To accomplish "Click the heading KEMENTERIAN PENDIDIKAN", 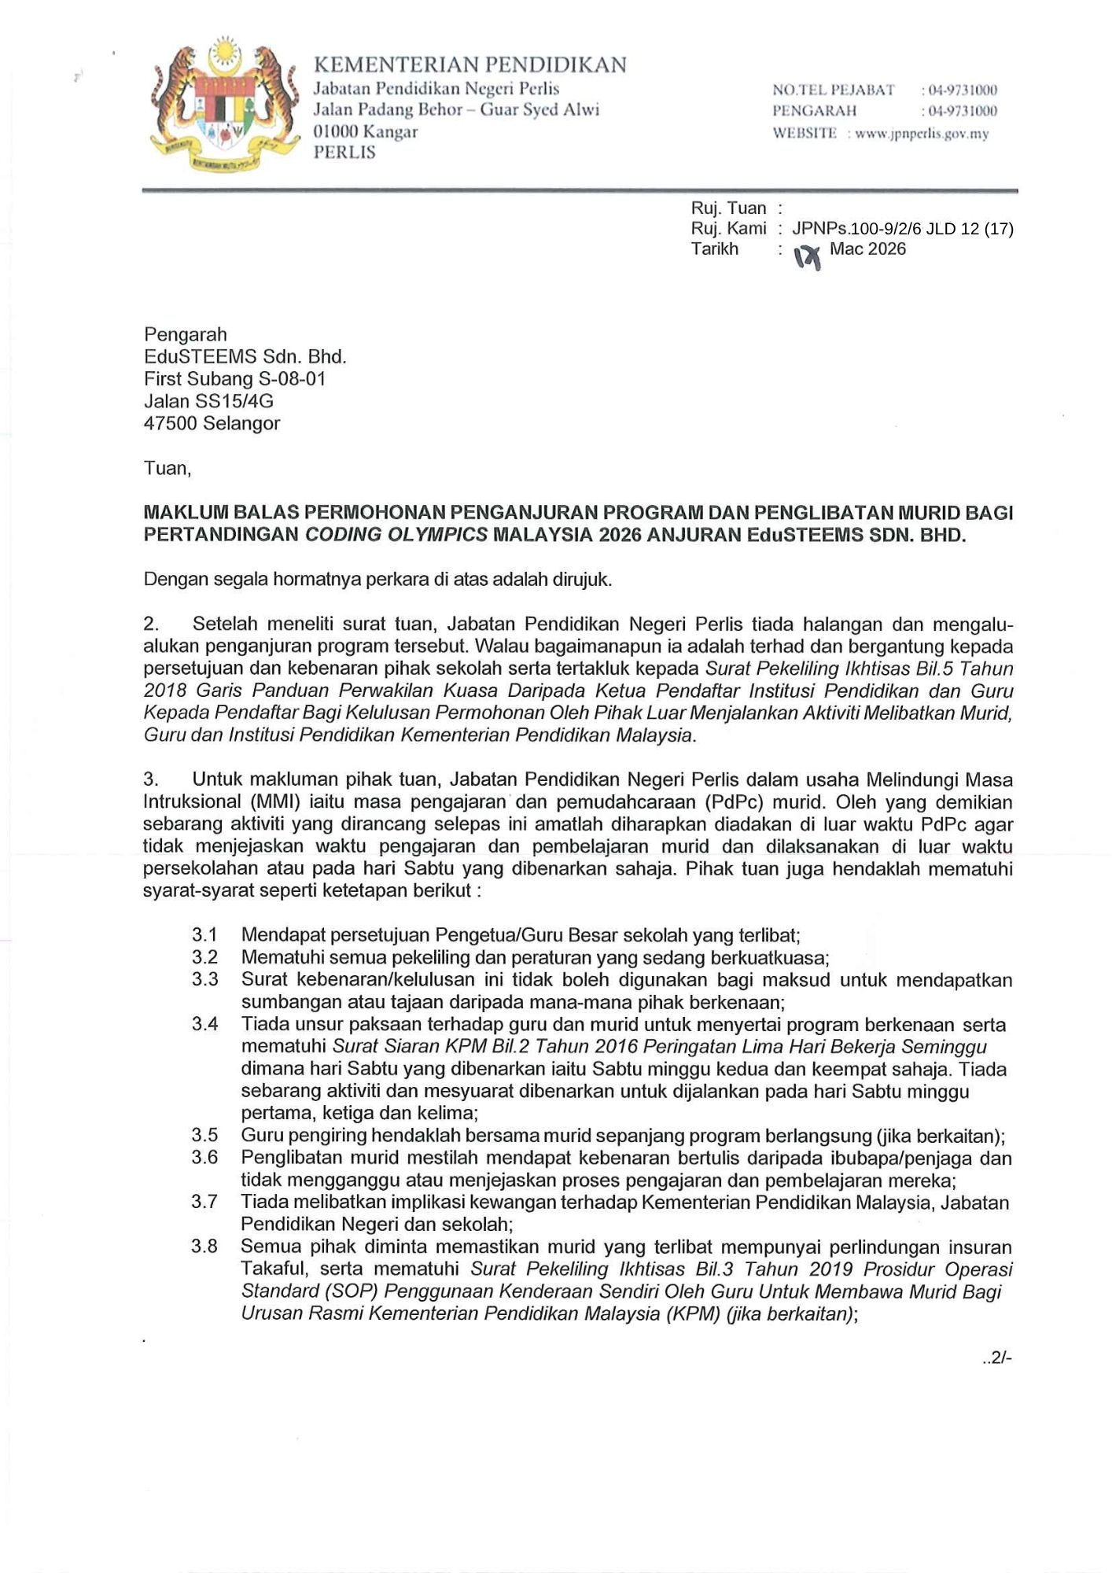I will tap(469, 64).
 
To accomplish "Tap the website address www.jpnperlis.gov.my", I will tap(922, 134).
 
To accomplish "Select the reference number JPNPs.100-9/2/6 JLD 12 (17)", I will tap(902, 229).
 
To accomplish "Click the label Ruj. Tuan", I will tap(728, 208).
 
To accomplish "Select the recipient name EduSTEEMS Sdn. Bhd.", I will tap(245, 356).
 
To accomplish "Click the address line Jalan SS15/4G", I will tap(208, 401).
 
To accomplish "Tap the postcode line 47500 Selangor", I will tap(212, 423).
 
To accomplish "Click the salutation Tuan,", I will tap(168, 469).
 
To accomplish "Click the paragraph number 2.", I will tap(151, 624).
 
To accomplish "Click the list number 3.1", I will tap(204, 935).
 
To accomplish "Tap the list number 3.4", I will tap(204, 1024).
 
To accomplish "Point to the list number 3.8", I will tap(204, 1247).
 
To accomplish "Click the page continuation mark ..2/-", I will tap(996, 1358).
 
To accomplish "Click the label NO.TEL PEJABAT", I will tap(833, 90).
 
